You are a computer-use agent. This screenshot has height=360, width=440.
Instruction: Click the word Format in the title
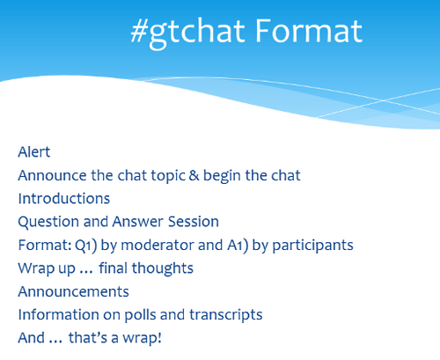click(x=309, y=31)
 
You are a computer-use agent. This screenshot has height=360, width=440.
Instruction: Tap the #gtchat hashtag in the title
click(x=187, y=33)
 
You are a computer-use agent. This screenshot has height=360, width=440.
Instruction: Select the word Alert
click(x=34, y=152)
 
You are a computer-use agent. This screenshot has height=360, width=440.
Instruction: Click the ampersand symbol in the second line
click(x=194, y=175)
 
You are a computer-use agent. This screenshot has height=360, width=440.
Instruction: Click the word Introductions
click(x=64, y=199)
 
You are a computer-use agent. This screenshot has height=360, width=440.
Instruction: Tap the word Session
click(x=194, y=222)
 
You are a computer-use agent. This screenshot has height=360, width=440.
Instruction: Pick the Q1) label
click(x=86, y=246)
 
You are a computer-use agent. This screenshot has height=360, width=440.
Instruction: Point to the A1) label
click(x=238, y=246)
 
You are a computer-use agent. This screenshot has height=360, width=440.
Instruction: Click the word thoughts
click(x=163, y=269)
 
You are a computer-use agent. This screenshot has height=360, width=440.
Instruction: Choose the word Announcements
click(x=74, y=291)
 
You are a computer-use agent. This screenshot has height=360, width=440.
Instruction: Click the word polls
click(x=141, y=315)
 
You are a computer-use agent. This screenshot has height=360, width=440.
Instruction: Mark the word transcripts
click(x=226, y=315)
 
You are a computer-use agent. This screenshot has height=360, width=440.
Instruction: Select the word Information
click(x=59, y=315)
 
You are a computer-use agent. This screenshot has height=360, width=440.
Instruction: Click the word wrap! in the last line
click(x=142, y=338)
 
